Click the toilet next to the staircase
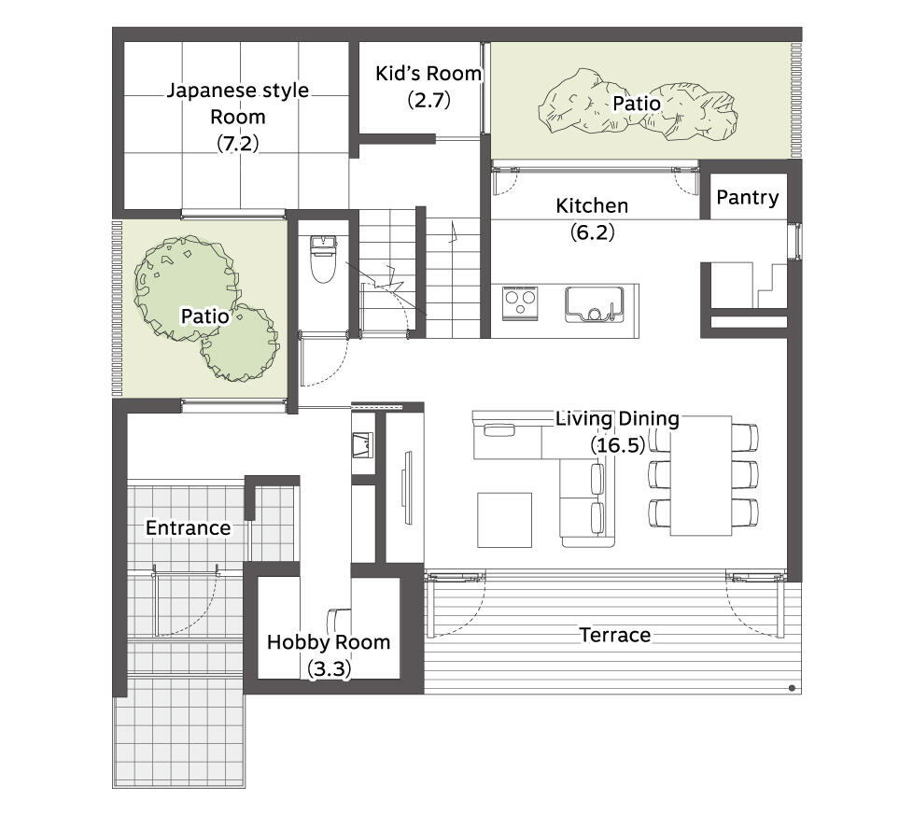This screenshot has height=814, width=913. (321, 259)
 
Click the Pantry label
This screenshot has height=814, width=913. (747, 197)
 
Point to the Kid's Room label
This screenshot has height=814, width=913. (428, 74)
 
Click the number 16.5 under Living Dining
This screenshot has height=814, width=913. (618, 445)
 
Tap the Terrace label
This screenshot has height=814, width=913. (615, 635)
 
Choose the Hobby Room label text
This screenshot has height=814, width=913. (329, 642)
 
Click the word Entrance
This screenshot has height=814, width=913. (188, 528)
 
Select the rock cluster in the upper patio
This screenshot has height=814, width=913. (639, 106)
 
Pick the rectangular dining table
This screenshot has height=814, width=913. (700, 475)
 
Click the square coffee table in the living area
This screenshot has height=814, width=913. (504, 520)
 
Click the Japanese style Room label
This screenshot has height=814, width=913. (237, 104)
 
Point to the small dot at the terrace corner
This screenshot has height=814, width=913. (792, 688)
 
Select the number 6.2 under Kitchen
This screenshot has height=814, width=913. (592, 232)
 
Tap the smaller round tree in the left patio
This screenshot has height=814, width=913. (239, 344)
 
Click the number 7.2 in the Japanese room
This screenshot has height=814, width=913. (237, 143)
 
